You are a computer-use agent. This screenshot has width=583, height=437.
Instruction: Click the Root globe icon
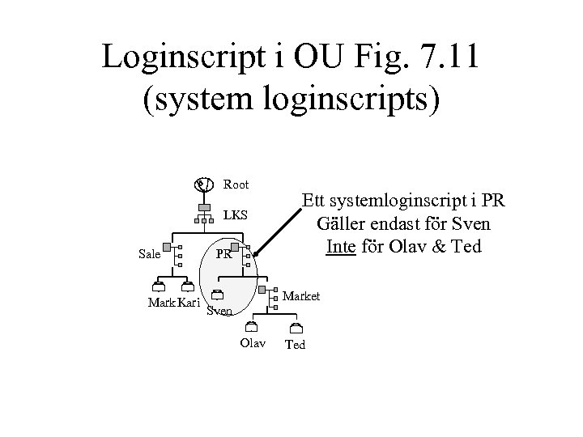[x=203, y=185]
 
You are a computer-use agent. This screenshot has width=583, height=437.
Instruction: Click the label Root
[x=236, y=185]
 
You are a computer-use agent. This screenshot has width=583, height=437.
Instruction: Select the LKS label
[x=235, y=216]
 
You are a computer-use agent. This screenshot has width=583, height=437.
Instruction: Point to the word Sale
[x=149, y=254]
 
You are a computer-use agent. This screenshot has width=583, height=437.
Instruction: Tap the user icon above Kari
[x=188, y=286]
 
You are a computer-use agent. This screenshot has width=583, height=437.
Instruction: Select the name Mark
[x=161, y=303]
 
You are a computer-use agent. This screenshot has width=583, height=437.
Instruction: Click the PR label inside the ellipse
[x=223, y=254]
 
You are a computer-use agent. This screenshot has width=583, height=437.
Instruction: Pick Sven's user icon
[x=216, y=295]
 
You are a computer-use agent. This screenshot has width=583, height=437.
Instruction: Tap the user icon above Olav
[x=252, y=326]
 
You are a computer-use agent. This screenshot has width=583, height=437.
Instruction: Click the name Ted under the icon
[x=296, y=345]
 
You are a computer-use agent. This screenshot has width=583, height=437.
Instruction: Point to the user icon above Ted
[x=296, y=327]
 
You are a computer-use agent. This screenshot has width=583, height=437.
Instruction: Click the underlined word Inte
[x=341, y=246]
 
